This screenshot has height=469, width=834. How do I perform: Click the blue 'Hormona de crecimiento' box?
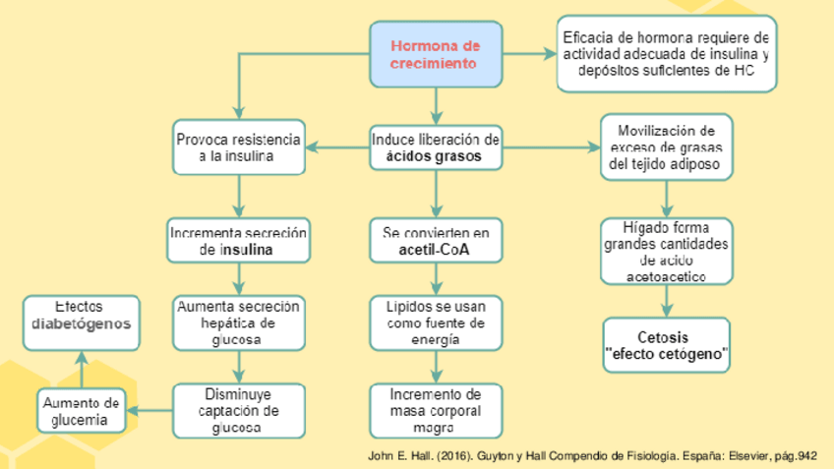[435, 54]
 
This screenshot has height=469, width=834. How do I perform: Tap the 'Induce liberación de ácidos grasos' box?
[436, 147]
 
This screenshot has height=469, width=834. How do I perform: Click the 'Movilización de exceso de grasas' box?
[667, 147]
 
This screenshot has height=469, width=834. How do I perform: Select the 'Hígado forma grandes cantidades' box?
[667, 251]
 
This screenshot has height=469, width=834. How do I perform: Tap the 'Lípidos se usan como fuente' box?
[436, 322]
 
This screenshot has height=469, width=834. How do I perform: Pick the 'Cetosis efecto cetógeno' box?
[667, 345]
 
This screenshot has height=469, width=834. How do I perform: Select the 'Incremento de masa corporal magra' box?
[436, 410]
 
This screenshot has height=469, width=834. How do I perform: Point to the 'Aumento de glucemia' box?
[84, 411]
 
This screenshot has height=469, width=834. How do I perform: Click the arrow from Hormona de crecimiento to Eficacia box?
[529, 54]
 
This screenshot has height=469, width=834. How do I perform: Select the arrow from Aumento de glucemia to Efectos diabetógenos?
[82, 369]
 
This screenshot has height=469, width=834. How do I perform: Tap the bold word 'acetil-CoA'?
[436, 252]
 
